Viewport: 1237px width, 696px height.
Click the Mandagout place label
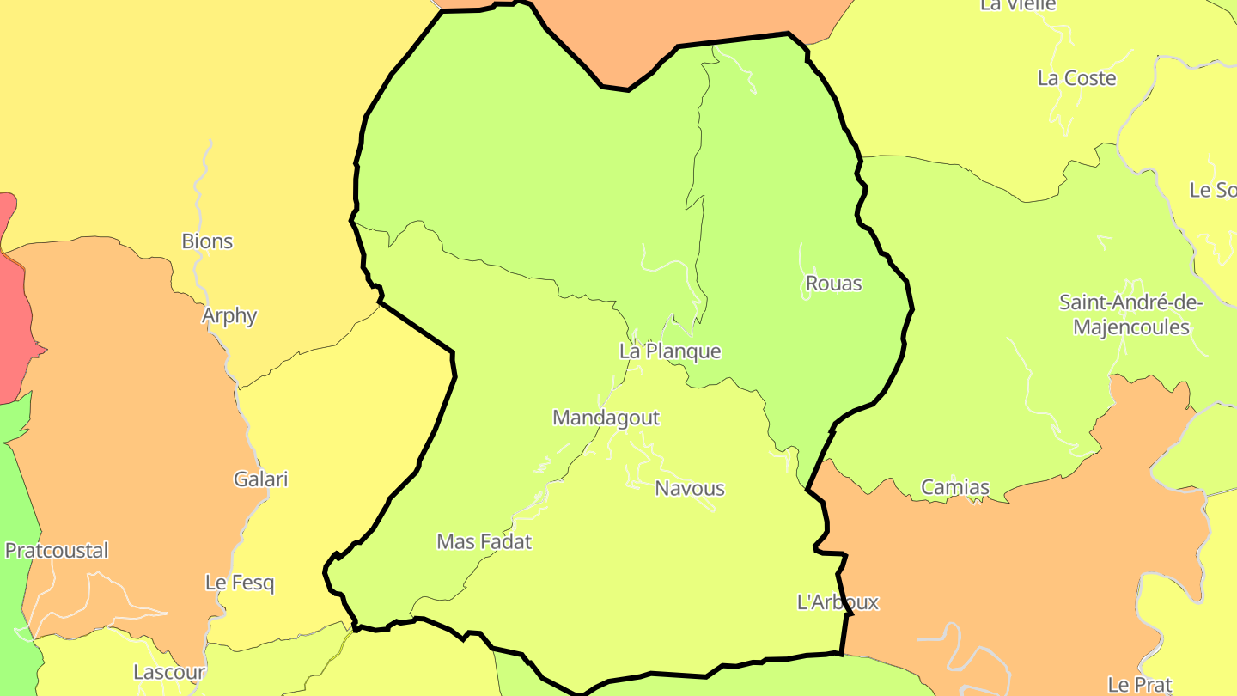[606, 418]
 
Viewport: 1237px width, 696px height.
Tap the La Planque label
[670, 351]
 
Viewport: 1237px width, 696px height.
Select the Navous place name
[690, 488]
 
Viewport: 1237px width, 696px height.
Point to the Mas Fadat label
[484, 542]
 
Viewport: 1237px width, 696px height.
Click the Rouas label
[833, 284]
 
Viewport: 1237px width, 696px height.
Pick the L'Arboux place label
[838, 602]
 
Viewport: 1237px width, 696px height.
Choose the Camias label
[955, 488]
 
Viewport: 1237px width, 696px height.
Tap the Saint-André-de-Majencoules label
[1131, 314]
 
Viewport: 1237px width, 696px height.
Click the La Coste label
[1076, 78]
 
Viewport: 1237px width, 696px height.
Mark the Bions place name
[207, 241]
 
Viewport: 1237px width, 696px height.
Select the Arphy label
[229, 315]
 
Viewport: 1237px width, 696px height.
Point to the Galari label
[261, 479]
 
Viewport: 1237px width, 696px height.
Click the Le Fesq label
[240, 583]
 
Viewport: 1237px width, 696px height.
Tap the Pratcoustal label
[57, 551]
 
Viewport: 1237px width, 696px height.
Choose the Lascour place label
[169, 672]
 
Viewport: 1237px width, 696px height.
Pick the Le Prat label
[1139, 685]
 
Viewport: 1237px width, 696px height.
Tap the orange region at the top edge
[687, 21]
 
